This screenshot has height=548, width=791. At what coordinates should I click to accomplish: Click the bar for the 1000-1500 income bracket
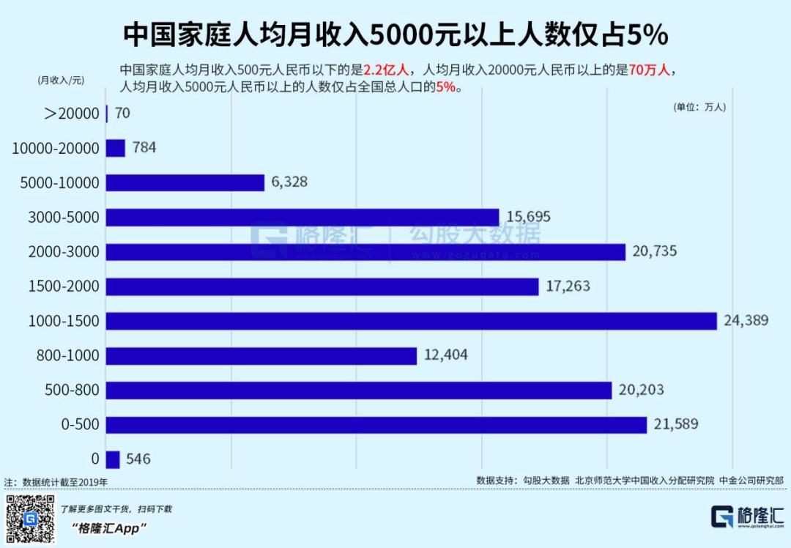(x=411, y=321)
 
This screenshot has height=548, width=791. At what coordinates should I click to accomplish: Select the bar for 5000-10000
(x=185, y=182)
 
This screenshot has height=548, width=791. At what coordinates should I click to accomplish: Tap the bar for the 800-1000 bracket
(x=261, y=356)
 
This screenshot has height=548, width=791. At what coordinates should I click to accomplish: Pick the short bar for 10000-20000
(x=116, y=148)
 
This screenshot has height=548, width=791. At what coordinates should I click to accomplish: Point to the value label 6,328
(x=289, y=182)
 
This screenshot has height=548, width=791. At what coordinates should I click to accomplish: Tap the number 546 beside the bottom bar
(x=138, y=459)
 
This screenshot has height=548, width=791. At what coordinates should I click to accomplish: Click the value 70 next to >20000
(x=122, y=114)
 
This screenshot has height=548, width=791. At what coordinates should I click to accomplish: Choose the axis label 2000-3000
(x=64, y=252)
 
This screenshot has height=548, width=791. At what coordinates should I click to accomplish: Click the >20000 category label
(x=71, y=114)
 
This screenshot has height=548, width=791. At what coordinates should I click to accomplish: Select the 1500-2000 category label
(x=64, y=286)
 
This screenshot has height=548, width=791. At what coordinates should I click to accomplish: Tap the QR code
(x=30, y=519)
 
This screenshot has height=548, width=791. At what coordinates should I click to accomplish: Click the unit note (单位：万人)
(x=699, y=107)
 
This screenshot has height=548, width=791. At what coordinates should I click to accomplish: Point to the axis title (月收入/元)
(x=60, y=81)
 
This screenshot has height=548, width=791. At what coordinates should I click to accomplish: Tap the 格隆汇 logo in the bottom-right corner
(x=747, y=516)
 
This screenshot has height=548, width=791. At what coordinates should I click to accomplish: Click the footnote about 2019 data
(x=56, y=482)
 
